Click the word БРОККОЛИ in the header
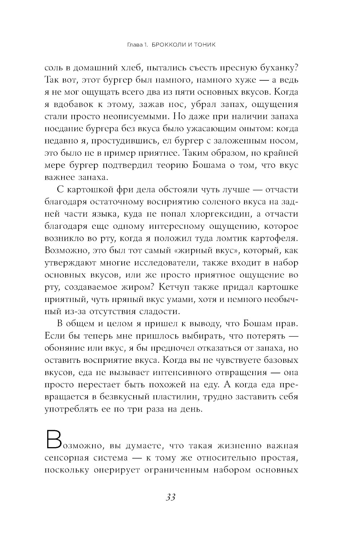click(x=167, y=45)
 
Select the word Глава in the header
click(x=135, y=45)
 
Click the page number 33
click(x=170, y=498)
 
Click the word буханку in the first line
click(x=278, y=67)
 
